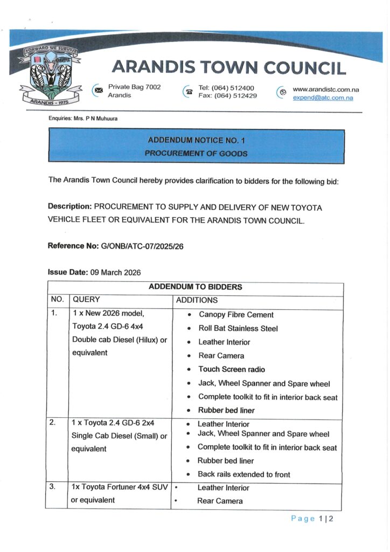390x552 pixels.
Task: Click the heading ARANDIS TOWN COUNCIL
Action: [228, 67]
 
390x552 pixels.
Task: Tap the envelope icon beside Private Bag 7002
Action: [98, 91]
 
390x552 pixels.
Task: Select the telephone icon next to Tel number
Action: [189, 92]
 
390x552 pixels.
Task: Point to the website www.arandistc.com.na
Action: [325, 89]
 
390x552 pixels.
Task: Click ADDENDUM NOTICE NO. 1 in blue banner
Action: [196, 140]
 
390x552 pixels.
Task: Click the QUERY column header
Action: [86, 300]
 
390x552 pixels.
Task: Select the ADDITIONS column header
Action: [197, 300]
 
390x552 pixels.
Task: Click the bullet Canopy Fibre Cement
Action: [236, 315]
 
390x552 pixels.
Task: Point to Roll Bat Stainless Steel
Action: [238, 328]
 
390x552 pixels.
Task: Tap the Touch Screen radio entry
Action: [232, 369]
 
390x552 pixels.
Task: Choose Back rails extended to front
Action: [243, 474]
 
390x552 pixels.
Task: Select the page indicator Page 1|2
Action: [312, 519]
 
